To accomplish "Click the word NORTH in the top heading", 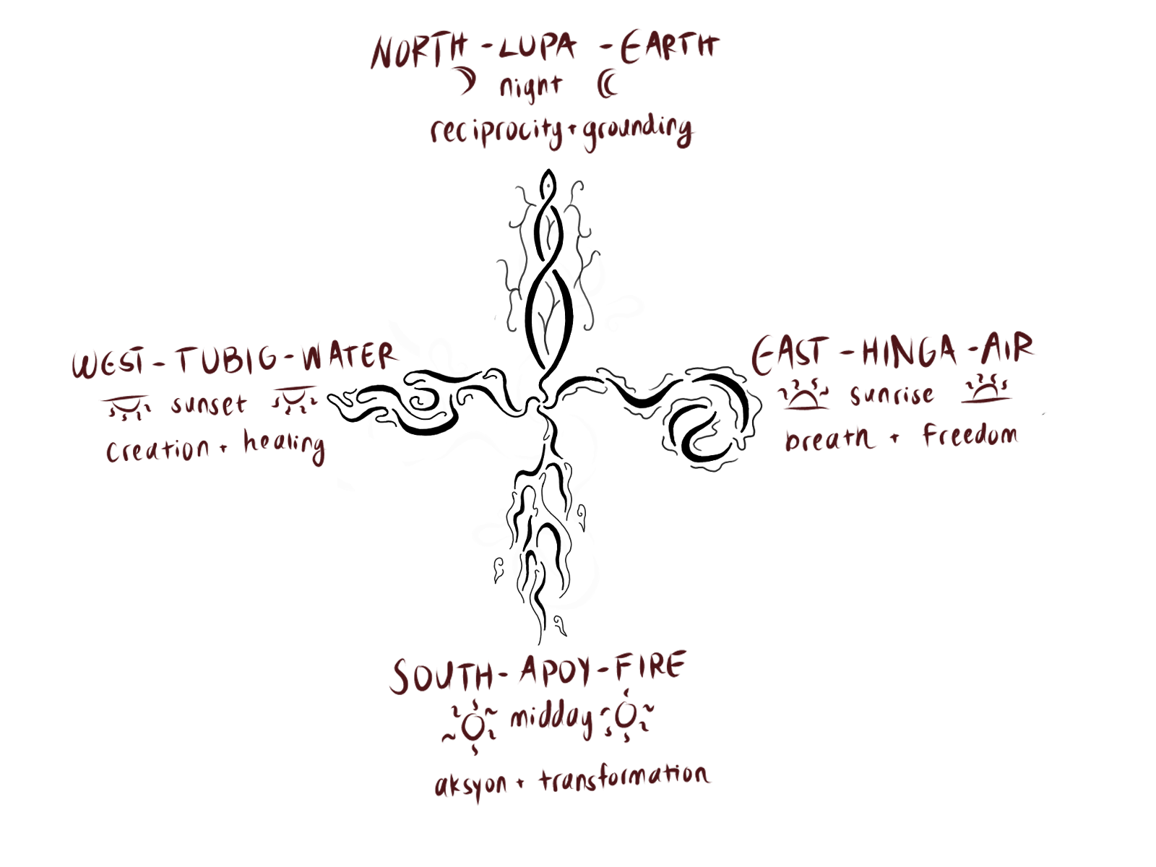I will pyautogui.click(x=419, y=51).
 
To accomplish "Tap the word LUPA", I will pyautogui.click(x=538, y=48).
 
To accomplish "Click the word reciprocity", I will pyautogui.click(x=496, y=131).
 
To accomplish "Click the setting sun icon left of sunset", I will pyautogui.click(x=126, y=406).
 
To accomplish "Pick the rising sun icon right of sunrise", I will pyautogui.click(x=987, y=390).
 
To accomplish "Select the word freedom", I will pyautogui.click(x=970, y=435).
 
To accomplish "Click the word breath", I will pyautogui.click(x=829, y=438).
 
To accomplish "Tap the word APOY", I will pyautogui.click(x=555, y=670).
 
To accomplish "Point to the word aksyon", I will pyautogui.click(x=471, y=785).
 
